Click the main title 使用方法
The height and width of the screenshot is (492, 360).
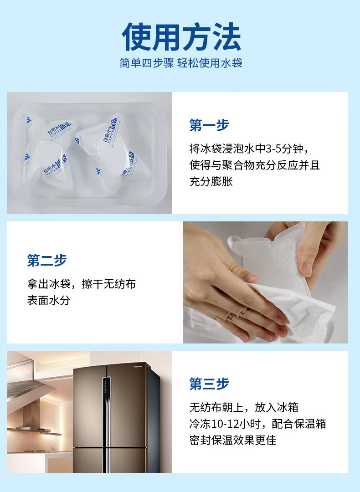pyautogui.click(x=181, y=37)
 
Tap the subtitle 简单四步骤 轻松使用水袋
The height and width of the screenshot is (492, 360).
pyautogui.click(x=181, y=63)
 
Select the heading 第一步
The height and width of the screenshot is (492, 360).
pyautogui.click(x=209, y=125)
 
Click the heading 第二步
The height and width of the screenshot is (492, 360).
pyautogui.click(x=47, y=260)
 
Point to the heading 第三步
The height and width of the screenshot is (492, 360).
pyautogui.click(x=209, y=384)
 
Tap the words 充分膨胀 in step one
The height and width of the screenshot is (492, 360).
pyautogui.click(x=211, y=181)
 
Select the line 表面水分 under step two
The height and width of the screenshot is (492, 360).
pyautogui.click(x=48, y=300)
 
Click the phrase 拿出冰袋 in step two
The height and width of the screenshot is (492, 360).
pyautogui.click(x=48, y=284)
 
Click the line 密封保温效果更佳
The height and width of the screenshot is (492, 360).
pyautogui.click(x=233, y=440)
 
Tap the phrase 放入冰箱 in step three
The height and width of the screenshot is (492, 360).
pyautogui.click(x=276, y=407)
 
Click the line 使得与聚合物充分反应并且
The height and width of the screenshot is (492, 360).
pyautogui.click(x=255, y=165)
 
